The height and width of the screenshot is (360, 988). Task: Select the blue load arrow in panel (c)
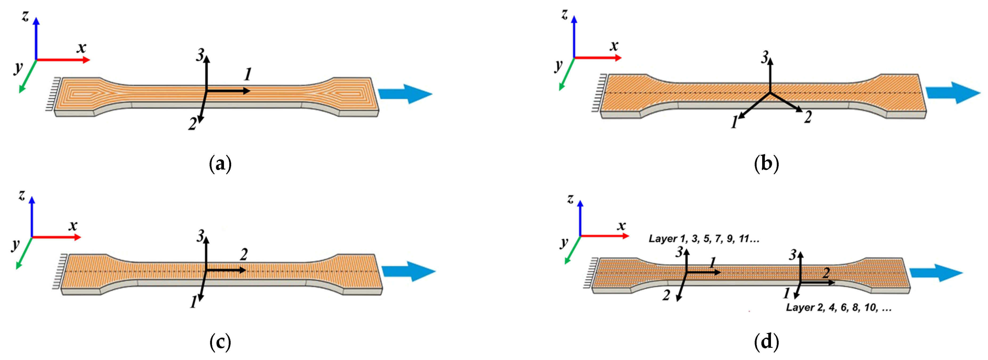click(x=409, y=271)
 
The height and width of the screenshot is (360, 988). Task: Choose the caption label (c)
click(x=221, y=342)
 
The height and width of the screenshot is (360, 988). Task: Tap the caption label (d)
click(x=766, y=342)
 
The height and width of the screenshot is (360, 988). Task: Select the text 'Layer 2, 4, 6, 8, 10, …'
click(x=839, y=308)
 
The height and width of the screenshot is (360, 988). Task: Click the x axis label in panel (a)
click(x=81, y=48)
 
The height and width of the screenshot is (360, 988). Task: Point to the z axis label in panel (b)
click(x=564, y=15)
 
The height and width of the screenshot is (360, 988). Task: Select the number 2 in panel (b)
click(x=808, y=117)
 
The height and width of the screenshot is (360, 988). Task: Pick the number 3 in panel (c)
click(x=200, y=236)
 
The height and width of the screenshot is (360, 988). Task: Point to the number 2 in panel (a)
click(x=193, y=124)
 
